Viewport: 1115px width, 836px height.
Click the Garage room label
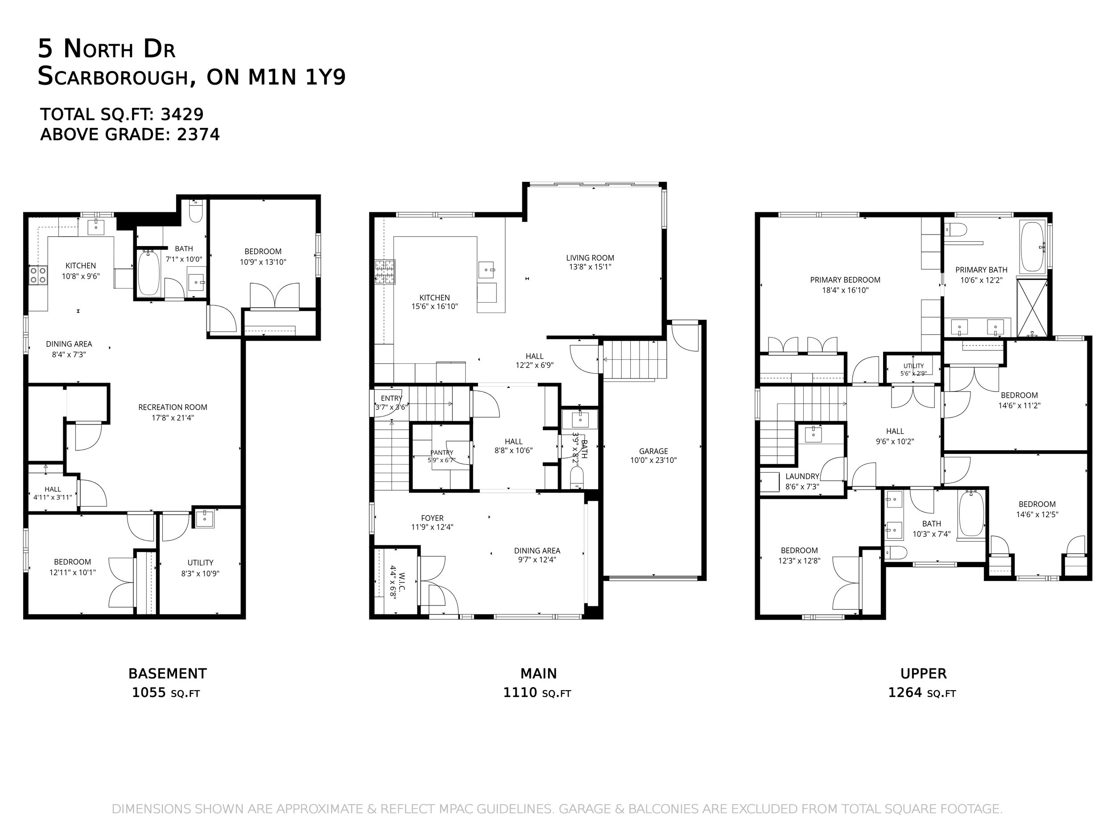pos(653,451)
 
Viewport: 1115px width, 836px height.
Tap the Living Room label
pos(590,258)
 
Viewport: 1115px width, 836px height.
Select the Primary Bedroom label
pos(845,280)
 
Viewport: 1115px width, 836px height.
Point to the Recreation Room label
pos(173,407)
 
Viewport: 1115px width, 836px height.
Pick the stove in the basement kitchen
pos(38,275)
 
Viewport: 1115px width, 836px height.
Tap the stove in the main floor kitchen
pos(385,272)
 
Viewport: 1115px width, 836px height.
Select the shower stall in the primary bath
pos(1032,307)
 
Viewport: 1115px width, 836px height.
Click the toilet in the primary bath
pos(955,231)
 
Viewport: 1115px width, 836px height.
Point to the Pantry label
pos(442,453)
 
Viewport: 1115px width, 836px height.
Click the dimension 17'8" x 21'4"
pos(173,418)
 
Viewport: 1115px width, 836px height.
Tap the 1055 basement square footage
pos(149,692)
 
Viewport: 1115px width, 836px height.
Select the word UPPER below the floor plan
pos(924,674)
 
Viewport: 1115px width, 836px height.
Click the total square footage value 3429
pos(182,115)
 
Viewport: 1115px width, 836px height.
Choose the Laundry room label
pos(802,476)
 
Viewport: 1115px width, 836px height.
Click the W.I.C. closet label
pos(402,581)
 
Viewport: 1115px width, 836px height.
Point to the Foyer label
pos(433,518)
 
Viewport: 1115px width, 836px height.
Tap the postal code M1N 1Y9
pos(297,77)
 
